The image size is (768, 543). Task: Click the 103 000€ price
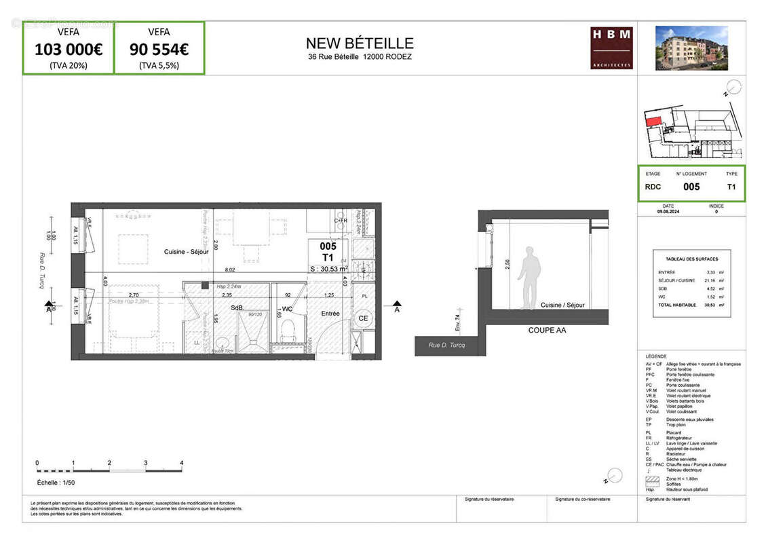coord(68,49)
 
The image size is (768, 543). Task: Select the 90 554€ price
coord(159,49)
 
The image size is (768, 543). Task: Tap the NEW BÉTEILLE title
coord(360,44)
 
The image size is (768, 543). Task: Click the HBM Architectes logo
coord(611,48)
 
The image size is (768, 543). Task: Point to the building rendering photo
coord(691,48)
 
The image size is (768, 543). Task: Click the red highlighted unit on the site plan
coord(653,121)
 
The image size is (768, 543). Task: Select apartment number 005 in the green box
coord(691,187)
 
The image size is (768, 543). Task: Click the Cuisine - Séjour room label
coord(186,252)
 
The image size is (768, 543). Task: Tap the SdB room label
coord(237,308)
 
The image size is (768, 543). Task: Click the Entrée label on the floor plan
coord(330,314)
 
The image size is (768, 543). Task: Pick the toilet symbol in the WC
coord(288,331)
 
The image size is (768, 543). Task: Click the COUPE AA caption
coord(547,331)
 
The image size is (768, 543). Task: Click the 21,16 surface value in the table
coord(712,280)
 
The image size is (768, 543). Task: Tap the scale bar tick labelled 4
coord(182,463)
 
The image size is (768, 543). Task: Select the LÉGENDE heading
coord(656,356)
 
